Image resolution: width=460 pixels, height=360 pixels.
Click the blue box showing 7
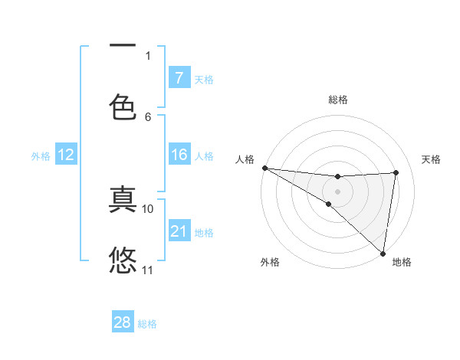(x=179, y=77)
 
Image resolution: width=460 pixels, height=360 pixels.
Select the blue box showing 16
(x=179, y=155)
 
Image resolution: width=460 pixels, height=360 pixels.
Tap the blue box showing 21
(x=179, y=231)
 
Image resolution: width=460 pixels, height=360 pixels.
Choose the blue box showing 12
(x=66, y=155)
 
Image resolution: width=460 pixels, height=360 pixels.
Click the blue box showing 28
(x=123, y=322)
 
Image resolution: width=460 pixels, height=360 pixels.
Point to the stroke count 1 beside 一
(x=148, y=55)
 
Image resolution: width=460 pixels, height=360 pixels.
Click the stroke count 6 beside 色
(x=148, y=116)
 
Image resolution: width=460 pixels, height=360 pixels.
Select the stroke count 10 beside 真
(x=148, y=208)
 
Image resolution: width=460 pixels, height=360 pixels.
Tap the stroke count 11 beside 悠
(x=148, y=270)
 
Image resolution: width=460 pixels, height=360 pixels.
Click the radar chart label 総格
(x=338, y=100)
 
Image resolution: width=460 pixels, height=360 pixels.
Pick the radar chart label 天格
(x=432, y=159)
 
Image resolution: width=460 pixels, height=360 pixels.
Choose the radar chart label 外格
(x=270, y=262)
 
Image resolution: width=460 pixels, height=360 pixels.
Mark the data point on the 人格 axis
(x=264, y=168)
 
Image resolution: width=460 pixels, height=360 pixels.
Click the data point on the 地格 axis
(x=383, y=253)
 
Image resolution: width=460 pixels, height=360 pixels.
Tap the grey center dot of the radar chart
(x=338, y=191)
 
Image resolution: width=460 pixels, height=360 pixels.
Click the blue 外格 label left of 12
(x=41, y=155)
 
